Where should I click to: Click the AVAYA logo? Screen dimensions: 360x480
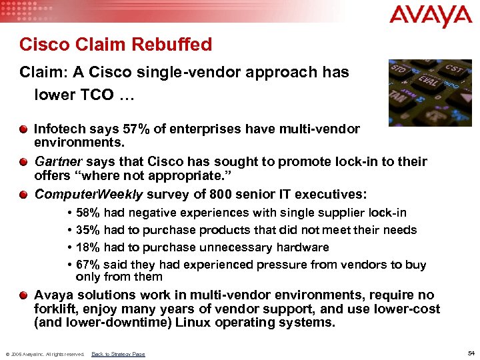[431, 15]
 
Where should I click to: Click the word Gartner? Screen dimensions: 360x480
[59, 161]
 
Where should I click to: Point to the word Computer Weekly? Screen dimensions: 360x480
[88, 195]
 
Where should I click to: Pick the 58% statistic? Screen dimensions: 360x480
[89, 213]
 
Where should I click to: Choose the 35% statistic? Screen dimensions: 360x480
[89, 230]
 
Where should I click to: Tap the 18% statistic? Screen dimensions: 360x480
[89, 247]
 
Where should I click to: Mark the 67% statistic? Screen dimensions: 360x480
[89, 265]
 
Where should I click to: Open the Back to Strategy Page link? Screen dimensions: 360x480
[118, 354]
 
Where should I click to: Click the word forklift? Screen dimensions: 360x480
[54, 309]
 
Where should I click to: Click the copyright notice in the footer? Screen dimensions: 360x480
[45, 354]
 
